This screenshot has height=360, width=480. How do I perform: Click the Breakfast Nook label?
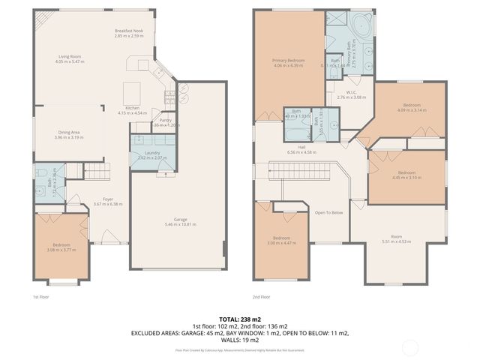(128, 31)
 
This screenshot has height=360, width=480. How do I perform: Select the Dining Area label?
(68, 132)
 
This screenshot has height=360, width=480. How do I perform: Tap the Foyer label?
(108, 199)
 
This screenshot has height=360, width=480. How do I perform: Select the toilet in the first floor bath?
(42, 190)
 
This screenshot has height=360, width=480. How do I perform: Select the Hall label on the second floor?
(301, 147)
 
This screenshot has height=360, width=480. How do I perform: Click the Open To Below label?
(328, 212)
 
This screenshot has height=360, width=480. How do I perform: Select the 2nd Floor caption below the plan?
(261, 297)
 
